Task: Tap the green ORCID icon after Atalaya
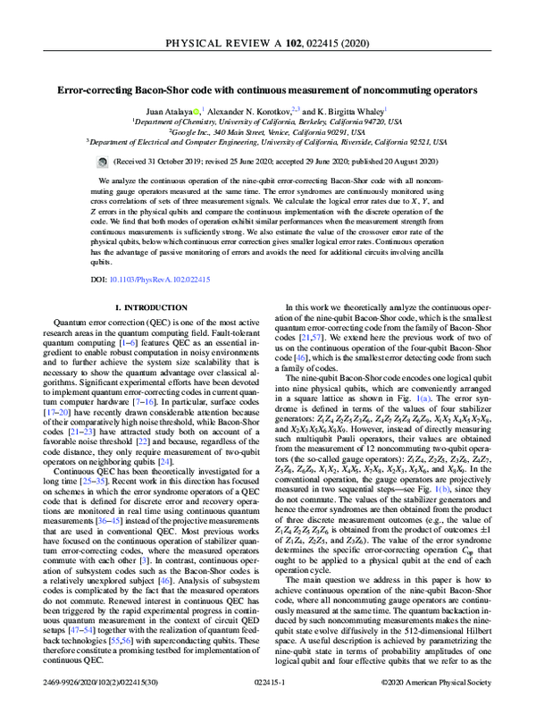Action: click(198, 110)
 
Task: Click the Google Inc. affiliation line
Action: click(268, 130)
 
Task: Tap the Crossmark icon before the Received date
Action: click(102, 162)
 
